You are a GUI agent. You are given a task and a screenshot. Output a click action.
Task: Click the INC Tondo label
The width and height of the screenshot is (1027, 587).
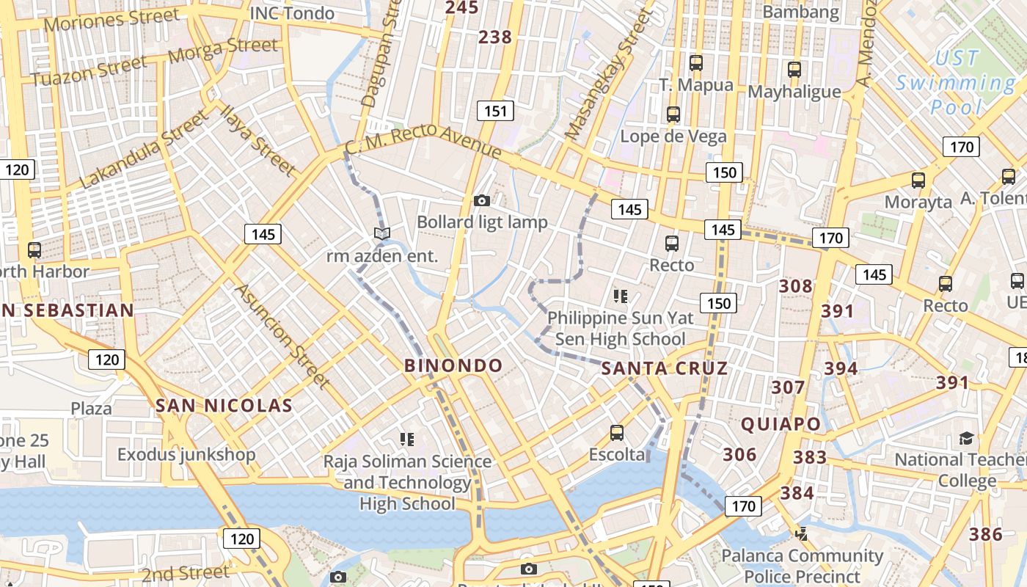tap(292, 13)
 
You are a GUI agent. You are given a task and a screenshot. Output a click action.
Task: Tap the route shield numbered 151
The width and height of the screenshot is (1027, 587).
tap(495, 111)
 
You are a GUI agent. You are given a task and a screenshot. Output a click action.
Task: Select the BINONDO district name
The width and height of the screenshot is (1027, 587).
tap(454, 365)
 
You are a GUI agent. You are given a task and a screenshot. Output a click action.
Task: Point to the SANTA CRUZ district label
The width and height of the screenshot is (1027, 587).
tap(665, 368)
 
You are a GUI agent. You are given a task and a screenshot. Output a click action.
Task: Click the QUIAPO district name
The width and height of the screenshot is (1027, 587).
tap(781, 424)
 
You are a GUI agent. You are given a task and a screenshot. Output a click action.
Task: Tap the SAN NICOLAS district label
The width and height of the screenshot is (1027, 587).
tap(224, 405)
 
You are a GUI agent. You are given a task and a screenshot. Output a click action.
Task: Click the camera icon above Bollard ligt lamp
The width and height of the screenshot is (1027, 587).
tap(482, 200)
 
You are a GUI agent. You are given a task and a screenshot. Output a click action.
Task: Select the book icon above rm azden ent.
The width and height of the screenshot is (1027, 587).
tap(381, 233)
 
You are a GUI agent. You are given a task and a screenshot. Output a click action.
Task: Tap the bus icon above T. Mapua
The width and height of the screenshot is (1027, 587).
tap(696, 63)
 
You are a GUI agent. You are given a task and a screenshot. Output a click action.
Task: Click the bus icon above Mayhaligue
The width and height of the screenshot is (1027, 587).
tap(794, 70)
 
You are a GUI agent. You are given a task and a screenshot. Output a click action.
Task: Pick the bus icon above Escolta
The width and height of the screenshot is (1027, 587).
tap(617, 433)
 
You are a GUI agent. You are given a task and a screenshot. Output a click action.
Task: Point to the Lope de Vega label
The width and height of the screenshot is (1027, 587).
tap(673, 136)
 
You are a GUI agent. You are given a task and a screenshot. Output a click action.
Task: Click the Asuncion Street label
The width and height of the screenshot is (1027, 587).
tap(282, 335)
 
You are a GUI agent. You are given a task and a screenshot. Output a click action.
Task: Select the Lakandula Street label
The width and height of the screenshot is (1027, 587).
tap(144, 150)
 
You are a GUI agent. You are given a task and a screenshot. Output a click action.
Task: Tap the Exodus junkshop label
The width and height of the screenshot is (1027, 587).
tap(186, 454)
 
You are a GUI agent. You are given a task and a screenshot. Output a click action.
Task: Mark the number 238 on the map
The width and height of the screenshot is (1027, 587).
tap(495, 37)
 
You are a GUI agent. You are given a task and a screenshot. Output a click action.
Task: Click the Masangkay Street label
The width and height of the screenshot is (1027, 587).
tap(609, 76)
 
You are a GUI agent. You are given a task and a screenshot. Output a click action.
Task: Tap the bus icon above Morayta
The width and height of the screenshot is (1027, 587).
tap(918, 180)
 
